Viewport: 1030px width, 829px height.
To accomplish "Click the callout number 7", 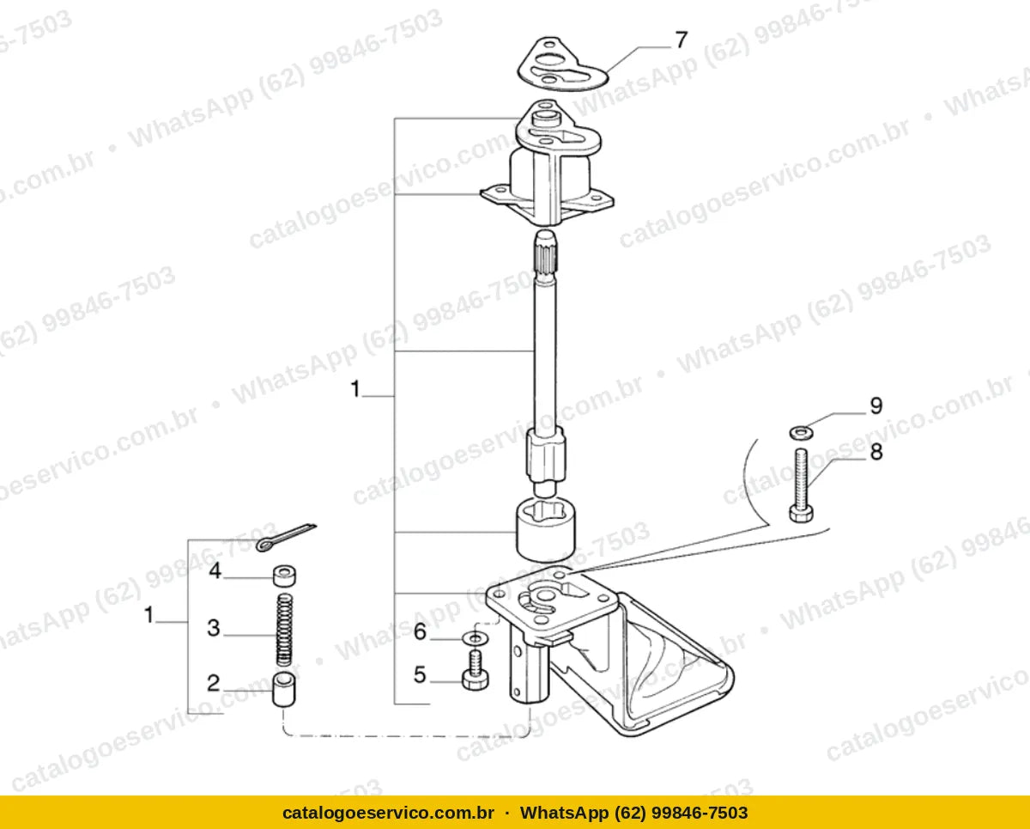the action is point(681,40).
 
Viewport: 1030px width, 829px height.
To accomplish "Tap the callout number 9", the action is point(875,405).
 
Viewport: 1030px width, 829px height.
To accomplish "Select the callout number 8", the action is point(875,451).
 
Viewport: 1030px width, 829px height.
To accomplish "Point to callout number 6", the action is point(420,631).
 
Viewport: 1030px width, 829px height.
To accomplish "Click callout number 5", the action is point(420,675).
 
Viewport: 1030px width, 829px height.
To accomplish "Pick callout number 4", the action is point(215,570).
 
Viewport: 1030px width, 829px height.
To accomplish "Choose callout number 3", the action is point(214,628).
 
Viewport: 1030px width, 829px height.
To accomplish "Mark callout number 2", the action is point(214,683).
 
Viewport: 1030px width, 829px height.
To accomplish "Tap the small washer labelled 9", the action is point(801,432).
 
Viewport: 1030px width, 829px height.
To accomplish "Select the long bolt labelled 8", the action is point(801,485).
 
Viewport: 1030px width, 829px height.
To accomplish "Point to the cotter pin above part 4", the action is point(286,537).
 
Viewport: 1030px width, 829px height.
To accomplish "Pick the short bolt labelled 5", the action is point(476,670).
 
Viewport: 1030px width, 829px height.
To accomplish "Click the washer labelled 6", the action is point(475,638).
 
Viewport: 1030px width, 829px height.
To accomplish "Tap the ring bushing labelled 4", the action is point(284,576).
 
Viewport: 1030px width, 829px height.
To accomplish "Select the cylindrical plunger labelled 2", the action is point(284,689).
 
